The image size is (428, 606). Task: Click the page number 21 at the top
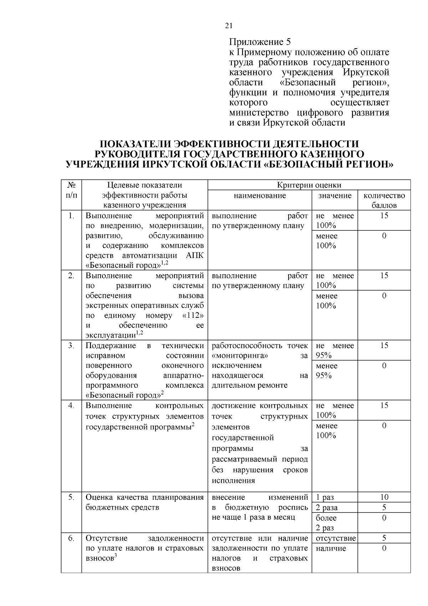[229, 26]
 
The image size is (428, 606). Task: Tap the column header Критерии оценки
[309, 185]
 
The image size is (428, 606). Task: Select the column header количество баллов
[384, 200]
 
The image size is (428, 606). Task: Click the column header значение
[335, 195]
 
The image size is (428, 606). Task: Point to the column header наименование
[260, 195]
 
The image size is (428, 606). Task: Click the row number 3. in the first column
[71, 345]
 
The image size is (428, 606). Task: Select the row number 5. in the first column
[71, 497]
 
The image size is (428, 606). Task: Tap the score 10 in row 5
[384, 497]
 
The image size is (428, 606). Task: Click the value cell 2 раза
[327, 507]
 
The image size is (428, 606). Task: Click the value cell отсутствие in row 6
[336, 538]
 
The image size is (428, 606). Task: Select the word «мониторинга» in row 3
[240, 356]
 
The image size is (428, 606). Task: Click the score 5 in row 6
[384, 538]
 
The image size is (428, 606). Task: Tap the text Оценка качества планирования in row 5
[144, 497]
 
